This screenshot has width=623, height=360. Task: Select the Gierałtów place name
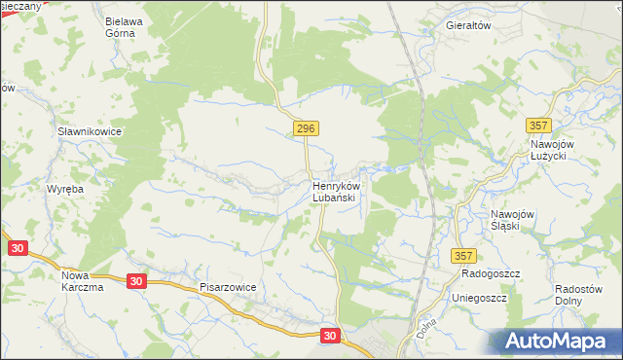[x=467, y=25]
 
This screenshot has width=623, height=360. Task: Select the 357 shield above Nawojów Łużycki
[x=537, y=126]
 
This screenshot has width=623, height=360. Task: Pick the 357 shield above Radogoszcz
[x=462, y=255]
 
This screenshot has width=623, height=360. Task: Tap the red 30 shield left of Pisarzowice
[x=136, y=281]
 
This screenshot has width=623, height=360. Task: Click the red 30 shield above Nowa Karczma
[x=17, y=248]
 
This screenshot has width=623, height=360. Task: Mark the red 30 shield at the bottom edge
[x=331, y=335]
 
